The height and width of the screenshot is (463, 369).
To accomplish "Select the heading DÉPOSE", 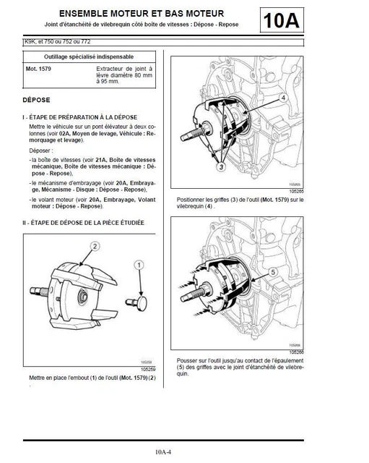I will (37, 99).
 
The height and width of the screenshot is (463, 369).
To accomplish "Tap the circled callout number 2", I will (95, 246).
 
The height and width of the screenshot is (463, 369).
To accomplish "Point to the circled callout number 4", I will (285, 97).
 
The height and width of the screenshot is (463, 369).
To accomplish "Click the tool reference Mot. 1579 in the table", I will (40, 70).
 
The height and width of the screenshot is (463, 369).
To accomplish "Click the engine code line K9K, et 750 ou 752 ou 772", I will (58, 42).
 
